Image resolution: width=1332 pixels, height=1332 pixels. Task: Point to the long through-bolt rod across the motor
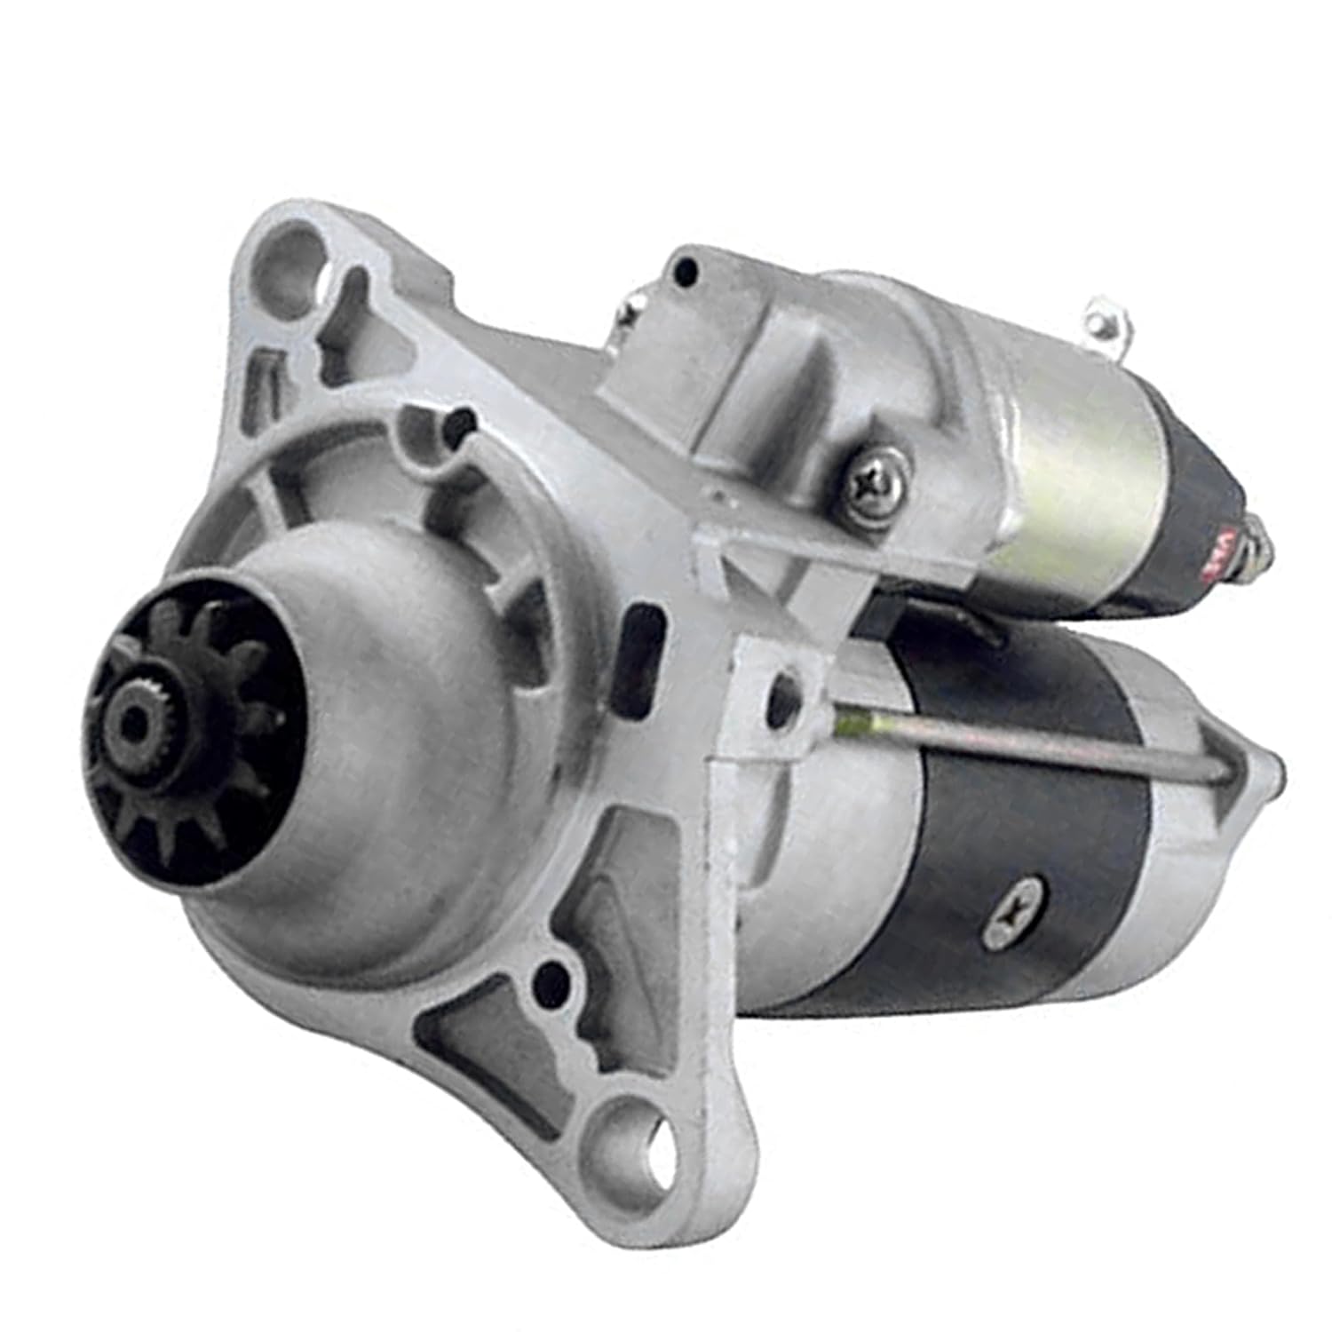(x=1021, y=746)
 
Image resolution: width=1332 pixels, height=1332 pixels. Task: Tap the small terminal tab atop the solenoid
(x=1108, y=320)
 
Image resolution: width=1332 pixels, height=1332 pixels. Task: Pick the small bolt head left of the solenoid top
(x=634, y=307)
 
